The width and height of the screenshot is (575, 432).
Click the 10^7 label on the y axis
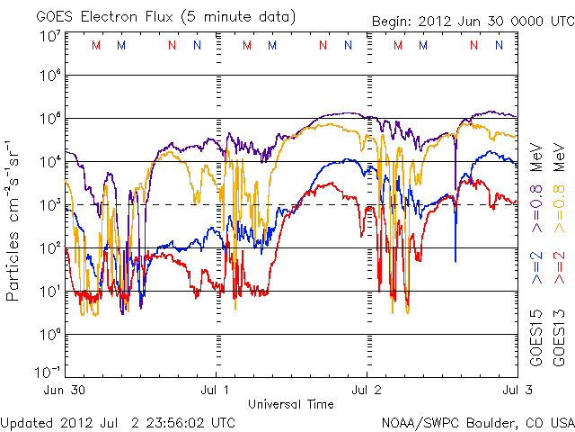49,37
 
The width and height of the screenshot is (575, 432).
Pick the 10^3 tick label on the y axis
49,206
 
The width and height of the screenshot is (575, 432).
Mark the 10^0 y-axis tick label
49,336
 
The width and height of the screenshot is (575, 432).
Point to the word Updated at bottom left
27,421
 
